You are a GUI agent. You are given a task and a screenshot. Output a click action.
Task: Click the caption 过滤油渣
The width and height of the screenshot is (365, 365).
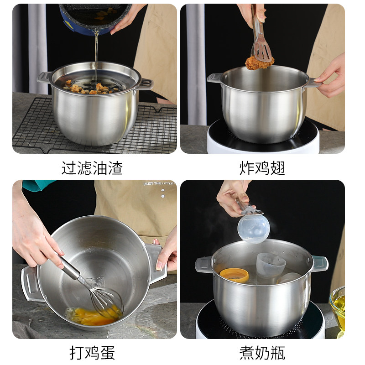(92, 168)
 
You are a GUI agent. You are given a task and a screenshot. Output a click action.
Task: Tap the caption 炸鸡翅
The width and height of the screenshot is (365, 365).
(262, 168)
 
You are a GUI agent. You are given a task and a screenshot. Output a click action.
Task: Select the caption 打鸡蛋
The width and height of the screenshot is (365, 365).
(92, 353)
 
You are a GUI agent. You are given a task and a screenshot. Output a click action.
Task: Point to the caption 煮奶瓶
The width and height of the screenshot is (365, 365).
(262, 353)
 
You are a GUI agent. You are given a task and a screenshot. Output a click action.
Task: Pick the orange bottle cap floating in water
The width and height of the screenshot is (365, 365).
(234, 275)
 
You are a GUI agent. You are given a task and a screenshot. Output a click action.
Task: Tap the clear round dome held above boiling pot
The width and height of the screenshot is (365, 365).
(254, 229)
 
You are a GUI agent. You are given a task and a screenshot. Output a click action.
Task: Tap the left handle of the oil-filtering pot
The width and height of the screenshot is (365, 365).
(45, 78)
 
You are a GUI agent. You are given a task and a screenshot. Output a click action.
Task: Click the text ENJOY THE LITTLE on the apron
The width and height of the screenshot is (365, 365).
(158, 183)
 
